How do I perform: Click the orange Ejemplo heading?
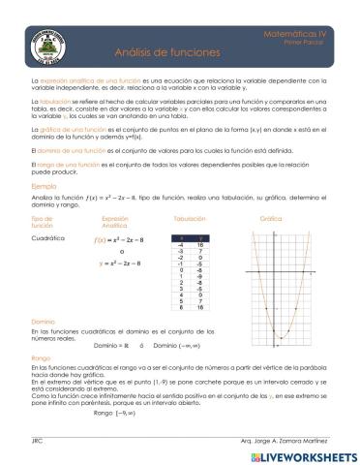pos(45,185)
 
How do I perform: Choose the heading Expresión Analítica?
pos(114,223)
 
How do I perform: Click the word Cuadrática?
pos(48,236)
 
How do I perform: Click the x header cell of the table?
pos(169,236)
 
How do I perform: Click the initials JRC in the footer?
pos(37,441)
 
